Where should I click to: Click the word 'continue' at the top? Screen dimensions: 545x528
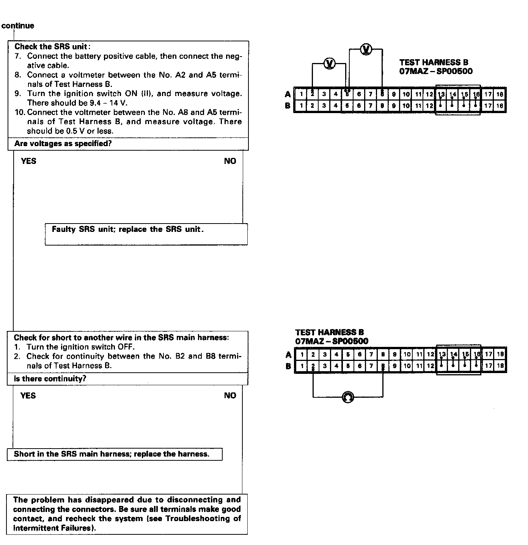click(18, 26)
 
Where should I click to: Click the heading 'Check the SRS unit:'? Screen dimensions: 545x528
click(52, 47)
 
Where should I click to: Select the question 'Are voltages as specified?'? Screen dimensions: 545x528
click(63, 144)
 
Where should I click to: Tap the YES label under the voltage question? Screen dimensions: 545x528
click(29, 161)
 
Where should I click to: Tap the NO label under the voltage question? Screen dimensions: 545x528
click(230, 161)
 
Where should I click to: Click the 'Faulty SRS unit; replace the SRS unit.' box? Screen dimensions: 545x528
click(146, 234)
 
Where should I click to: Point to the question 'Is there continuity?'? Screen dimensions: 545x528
click(50, 379)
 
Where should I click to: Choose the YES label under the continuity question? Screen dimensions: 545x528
click(28, 396)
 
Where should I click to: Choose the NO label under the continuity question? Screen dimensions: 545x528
click(230, 396)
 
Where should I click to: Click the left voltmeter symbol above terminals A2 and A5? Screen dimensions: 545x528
click(329, 63)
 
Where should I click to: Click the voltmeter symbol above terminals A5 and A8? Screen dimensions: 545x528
click(366, 49)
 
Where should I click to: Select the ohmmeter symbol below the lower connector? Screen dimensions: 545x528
click(348, 397)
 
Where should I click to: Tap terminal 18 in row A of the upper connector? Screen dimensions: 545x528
click(500, 95)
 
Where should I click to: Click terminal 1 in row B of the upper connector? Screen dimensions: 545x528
click(301, 106)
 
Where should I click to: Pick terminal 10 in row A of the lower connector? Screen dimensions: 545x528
click(407, 355)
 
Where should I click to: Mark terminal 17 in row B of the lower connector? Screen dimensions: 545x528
click(489, 366)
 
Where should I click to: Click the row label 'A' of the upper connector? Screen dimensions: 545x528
click(288, 95)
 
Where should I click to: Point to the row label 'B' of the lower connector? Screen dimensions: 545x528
click(288, 366)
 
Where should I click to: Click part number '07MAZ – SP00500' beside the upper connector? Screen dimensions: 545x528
click(436, 71)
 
